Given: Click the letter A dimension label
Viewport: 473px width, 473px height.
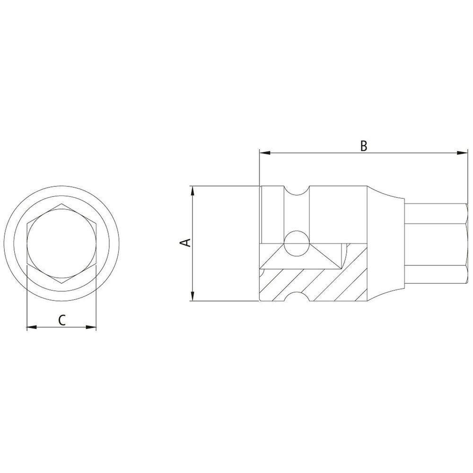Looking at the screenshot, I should coord(186,243).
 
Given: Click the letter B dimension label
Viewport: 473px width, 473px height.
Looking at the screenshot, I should coord(363,146).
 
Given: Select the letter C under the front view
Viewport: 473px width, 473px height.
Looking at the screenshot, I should coord(61,320).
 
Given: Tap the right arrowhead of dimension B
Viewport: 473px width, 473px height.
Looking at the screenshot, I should coord(463,153).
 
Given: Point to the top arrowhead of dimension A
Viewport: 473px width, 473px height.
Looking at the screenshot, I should coord(192,190).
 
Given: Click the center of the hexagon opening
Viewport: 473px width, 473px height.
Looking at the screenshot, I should coord(61,244).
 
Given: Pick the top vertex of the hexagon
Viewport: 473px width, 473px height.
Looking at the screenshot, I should coord(61,204).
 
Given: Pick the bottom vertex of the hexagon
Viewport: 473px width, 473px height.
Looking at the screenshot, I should coord(61,284).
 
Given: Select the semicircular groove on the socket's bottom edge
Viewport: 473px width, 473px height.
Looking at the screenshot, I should coord(297,297).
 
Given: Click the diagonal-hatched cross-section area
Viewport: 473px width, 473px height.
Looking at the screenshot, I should coord(322,284).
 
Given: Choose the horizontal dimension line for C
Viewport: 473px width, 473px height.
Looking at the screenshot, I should coord(61,327).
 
